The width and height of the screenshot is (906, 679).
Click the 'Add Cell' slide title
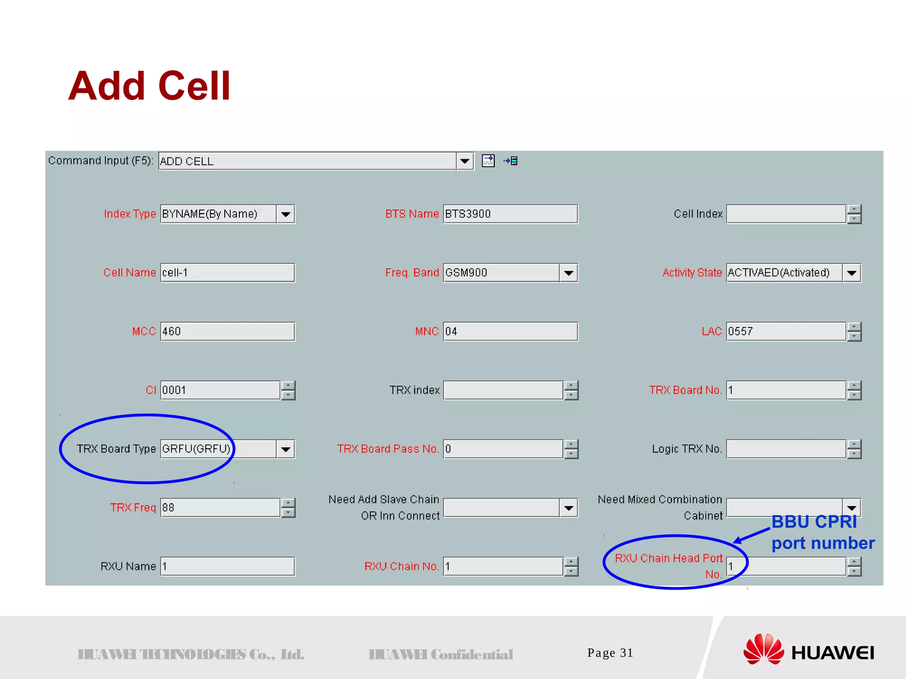tap(149, 86)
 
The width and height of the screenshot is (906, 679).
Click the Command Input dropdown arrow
tap(465, 161)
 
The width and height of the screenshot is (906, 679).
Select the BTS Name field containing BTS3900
tap(510, 214)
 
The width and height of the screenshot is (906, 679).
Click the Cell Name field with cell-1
tap(227, 273)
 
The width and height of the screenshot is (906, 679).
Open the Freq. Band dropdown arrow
tap(568, 273)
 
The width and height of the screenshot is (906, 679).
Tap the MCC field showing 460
tap(227, 332)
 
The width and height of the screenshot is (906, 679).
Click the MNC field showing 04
tap(510, 332)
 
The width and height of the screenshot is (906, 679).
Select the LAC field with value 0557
tap(786, 332)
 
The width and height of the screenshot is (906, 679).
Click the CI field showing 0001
tap(220, 390)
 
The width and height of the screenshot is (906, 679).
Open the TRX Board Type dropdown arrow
tap(286, 449)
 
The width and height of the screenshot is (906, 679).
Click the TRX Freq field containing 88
tap(220, 507)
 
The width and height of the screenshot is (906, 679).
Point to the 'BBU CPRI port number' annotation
tap(822, 532)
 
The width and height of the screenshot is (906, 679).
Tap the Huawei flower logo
tap(763, 649)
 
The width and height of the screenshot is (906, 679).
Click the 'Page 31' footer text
tap(610, 653)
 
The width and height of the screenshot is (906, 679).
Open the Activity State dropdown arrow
tap(852, 273)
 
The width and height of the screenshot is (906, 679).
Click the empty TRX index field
tap(503, 390)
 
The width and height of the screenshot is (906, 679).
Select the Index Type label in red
tap(130, 214)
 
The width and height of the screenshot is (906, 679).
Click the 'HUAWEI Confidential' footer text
tap(441, 654)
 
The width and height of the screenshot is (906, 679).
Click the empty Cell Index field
tap(786, 214)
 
